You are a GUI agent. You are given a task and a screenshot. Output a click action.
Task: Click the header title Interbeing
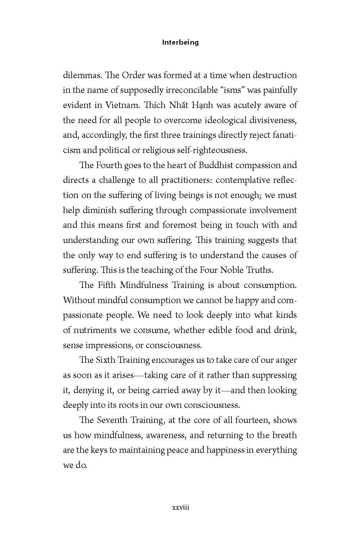(x=180, y=42)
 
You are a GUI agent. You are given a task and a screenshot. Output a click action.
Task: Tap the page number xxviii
(x=180, y=508)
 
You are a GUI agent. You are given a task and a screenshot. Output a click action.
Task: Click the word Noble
(x=237, y=270)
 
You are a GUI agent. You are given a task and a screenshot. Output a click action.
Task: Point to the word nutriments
(x=100, y=330)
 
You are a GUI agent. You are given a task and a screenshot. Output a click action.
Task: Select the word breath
(x=284, y=435)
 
